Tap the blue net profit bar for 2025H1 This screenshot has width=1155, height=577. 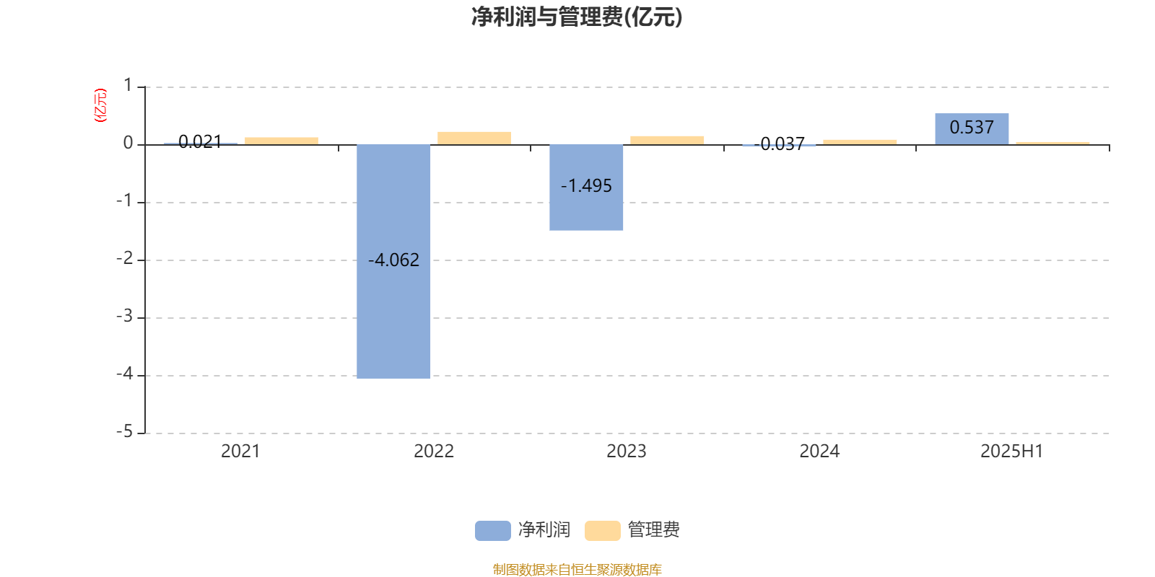click(x=972, y=129)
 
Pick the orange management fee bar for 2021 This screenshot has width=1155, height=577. click(x=282, y=141)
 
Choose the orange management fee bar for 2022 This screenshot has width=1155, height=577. click(x=474, y=138)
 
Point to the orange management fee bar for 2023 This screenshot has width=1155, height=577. click(x=667, y=141)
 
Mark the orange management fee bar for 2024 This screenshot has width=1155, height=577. click(x=860, y=142)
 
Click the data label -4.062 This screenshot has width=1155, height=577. click(x=393, y=260)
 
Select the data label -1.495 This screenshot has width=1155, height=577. click(x=586, y=186)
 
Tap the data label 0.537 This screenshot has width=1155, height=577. click(x=972, y=127)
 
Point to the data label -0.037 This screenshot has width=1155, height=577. click(x=779, y=144)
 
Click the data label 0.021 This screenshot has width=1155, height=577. click(x=200, y=141)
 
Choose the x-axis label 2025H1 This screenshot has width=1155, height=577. click(x=1011, y=452)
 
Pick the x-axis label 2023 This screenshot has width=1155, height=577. click(x=627, y=452)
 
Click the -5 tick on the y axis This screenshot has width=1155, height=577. click(x=124, y=432)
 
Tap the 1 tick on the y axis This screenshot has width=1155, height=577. click(x=128, y=86)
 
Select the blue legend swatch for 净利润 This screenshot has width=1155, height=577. click(x=493, y=531)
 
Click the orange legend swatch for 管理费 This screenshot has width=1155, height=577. click(x=603, y=531)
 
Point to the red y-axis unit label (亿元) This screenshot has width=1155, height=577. click(x=100, y=105)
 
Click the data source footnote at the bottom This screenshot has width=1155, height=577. click(x=577, y=569)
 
